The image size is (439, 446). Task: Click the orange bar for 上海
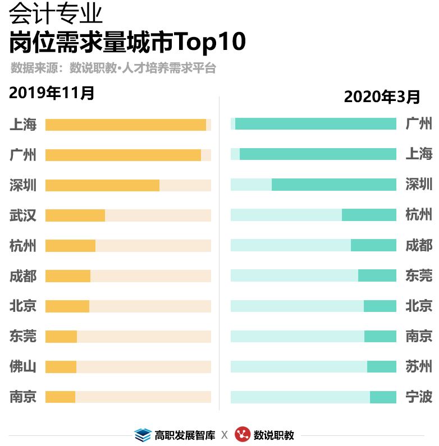tap(126, 125)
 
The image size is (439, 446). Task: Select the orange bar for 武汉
tap(75, 215)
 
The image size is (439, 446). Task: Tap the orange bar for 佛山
tap(61, 367)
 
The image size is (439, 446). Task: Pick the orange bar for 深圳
tap(102, 185)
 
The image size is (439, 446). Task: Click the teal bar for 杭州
tap(369, 215)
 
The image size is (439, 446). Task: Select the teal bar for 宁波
tap(383, 397)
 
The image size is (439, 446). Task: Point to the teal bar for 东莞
tap(377, 275)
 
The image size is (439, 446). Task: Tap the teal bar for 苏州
tap(381, 366)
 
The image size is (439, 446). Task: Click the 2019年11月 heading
tap(52, 93)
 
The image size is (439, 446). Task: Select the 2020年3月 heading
tap(382, 96)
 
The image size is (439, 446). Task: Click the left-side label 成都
tap(23, 276)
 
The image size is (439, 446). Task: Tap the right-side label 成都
tap(419, 245)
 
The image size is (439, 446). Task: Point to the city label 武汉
tap(23, 215)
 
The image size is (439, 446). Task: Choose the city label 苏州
tap(419, 366)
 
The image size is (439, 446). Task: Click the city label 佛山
tap(23, 367)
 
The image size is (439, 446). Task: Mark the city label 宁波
tap(419, 397)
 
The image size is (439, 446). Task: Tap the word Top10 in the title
tap(211, 42)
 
